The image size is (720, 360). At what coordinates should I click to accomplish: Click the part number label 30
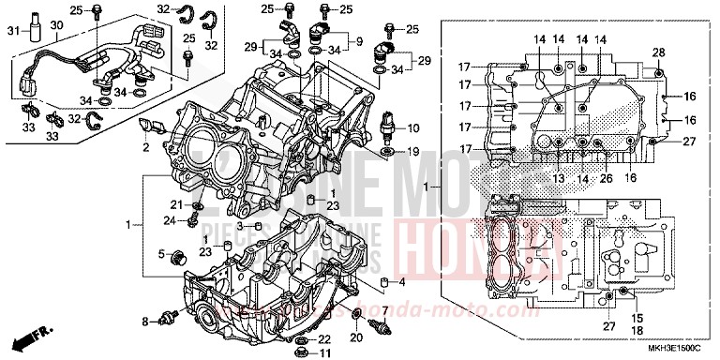(x=56, y=25)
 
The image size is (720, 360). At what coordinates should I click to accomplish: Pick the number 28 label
(x=659, y=52)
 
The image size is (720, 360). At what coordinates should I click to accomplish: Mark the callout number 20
(x=356, y=337)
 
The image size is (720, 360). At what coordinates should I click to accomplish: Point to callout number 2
(x=146, y=147)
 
